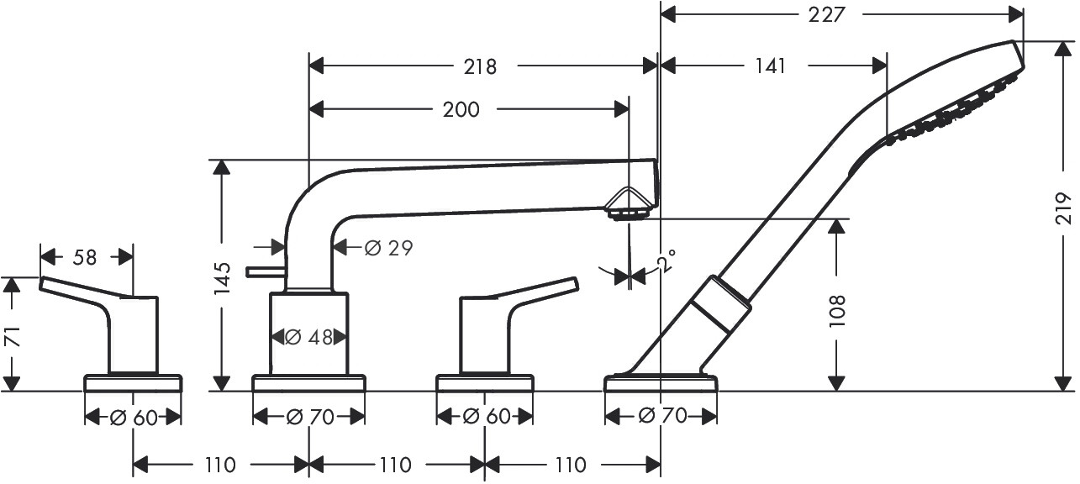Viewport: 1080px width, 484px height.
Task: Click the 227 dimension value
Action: point(826,15)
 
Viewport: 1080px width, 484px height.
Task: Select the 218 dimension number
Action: point(480,67)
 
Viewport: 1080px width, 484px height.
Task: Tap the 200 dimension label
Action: point(461,110)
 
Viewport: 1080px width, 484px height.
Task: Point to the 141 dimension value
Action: point(770,66)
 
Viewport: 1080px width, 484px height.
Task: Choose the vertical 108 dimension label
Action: point(837,312)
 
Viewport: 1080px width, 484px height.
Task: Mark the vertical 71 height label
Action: point(13,336)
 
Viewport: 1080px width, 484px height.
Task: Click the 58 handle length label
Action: point(85,257)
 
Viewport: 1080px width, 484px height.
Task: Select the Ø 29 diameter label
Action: point(388,248)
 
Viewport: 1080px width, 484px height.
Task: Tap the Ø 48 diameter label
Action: point(309,338)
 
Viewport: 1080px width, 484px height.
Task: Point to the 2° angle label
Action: point(666,260)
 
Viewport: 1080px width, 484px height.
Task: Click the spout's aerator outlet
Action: point(628,213)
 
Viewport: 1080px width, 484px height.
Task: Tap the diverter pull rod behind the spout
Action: point(265,272)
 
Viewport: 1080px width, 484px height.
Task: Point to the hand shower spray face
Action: point(957,110)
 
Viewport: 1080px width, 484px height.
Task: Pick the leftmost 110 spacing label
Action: point(220,466)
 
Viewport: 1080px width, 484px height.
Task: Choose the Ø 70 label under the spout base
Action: point(309,417)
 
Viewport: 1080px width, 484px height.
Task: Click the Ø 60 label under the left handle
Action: point(134,418)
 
